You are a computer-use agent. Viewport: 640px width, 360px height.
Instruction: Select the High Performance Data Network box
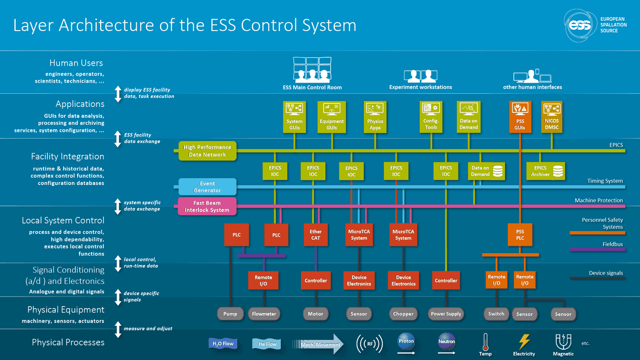coord(208,151)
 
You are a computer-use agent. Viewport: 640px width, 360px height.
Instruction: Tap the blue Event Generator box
coord(208,187)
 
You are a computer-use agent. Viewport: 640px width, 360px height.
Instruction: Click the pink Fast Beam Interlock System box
coord(207,206)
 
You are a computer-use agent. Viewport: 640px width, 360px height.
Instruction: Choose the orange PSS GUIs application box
coord(520,117)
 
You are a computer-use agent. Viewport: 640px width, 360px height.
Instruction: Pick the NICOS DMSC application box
coord(551,117)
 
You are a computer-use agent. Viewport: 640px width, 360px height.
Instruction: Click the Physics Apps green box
coord(375,117)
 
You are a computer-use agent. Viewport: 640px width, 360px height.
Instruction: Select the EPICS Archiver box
coord(546,171)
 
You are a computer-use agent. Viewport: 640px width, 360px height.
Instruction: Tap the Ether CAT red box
coord(315,235)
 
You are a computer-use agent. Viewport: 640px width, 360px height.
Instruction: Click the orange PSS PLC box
coord(520,235)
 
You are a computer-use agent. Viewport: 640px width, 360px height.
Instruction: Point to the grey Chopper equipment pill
coord(403,314)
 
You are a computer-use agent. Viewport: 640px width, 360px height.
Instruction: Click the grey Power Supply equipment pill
coord(446,314)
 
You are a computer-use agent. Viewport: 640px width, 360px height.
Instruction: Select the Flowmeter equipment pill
coord(264,314)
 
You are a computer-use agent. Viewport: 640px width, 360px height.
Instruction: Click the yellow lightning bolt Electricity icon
coord(524,342)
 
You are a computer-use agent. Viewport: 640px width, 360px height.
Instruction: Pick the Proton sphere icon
coord(406,342)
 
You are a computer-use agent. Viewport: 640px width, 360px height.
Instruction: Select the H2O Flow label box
coord(223,344)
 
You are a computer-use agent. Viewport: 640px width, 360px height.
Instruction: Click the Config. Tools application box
coord(431,117)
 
